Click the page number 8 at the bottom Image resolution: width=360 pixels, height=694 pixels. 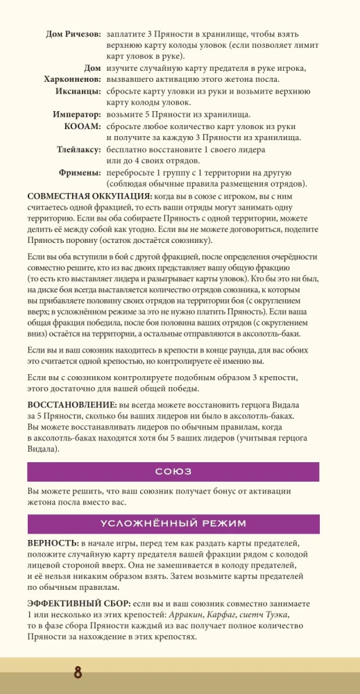[x=78, y=673]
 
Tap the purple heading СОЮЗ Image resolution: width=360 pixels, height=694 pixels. [x=173, y=471]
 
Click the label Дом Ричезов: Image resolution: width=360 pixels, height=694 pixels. [x=73, y=34]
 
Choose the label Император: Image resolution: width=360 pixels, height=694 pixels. [x=77, y=115]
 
